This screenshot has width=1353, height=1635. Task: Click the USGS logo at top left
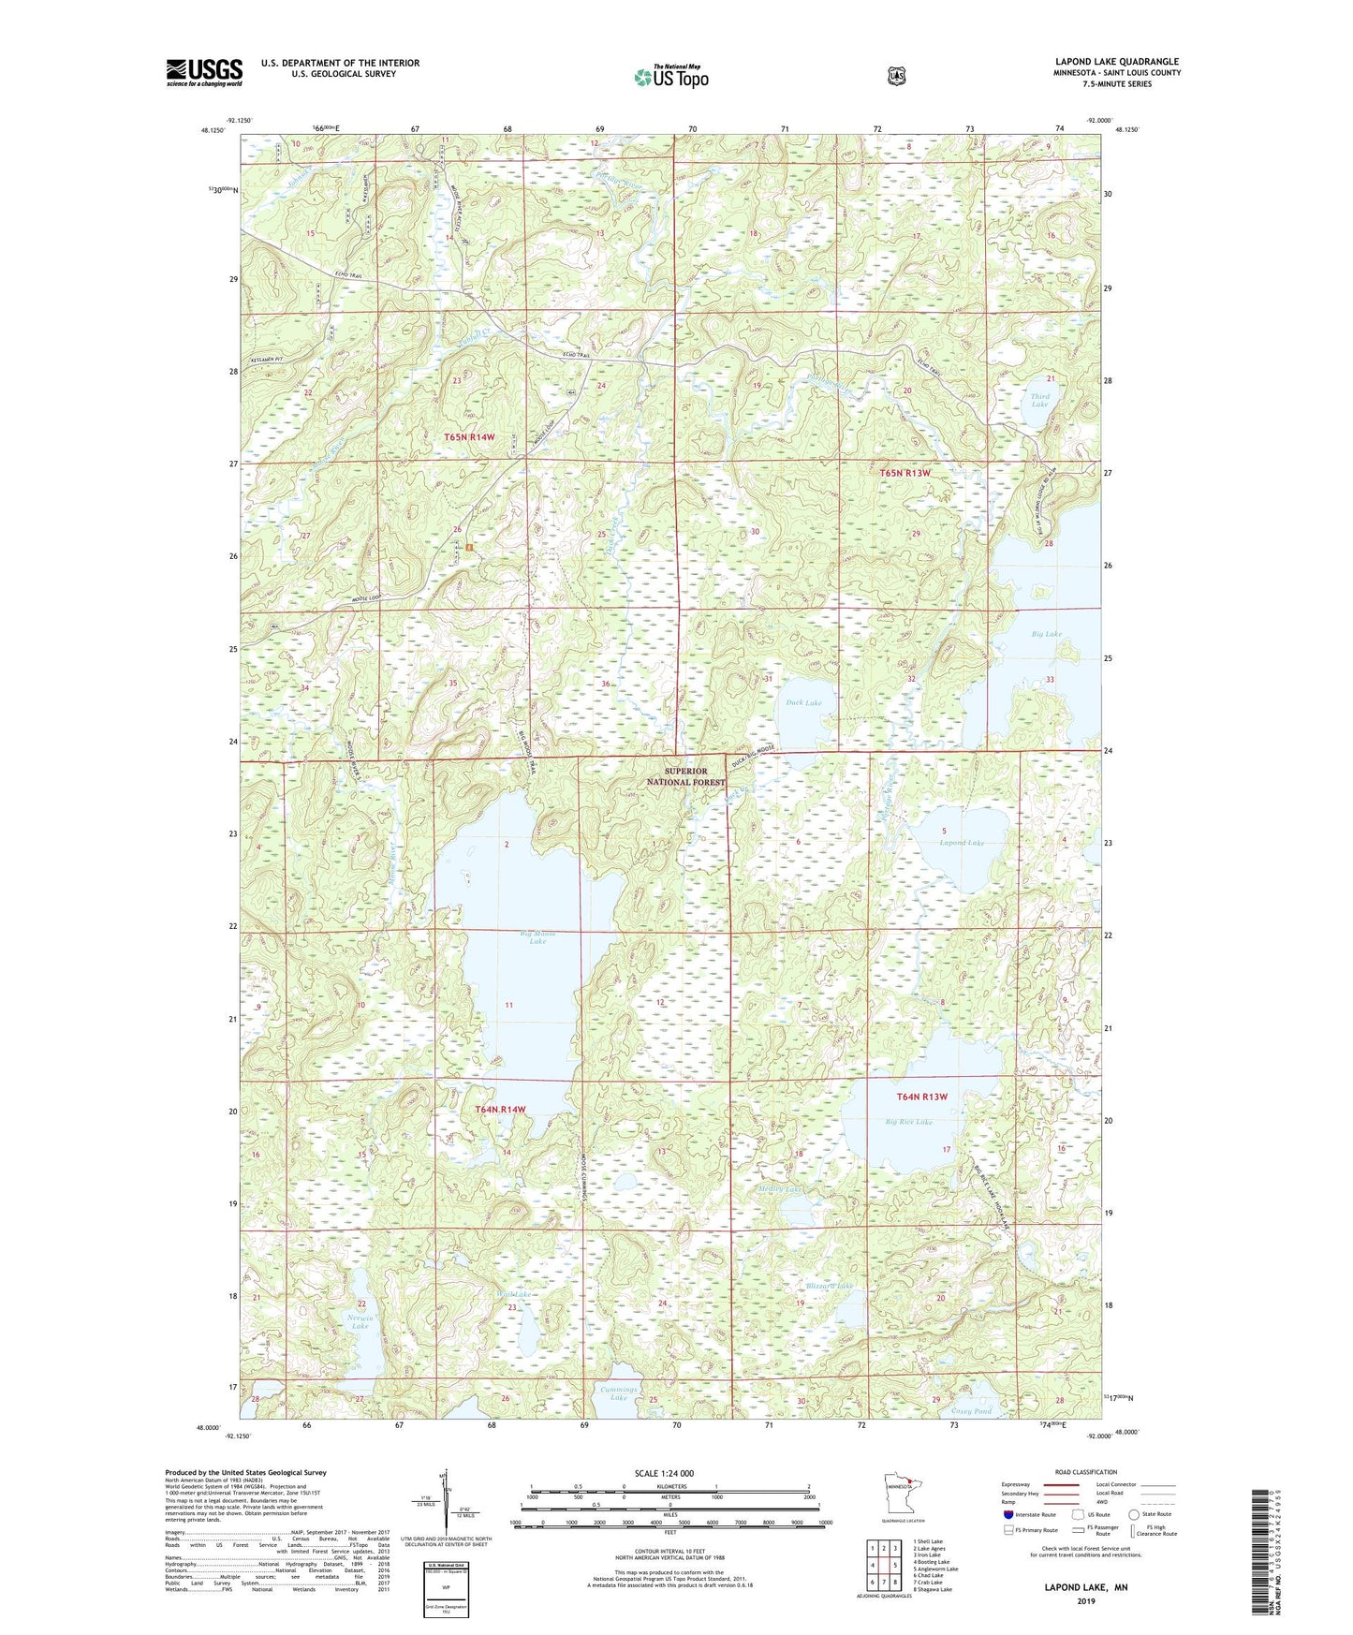pyautogui.click(x=204, y=72)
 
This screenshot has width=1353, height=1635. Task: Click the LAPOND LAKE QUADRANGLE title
pyautogui.click(x=1117, y=62)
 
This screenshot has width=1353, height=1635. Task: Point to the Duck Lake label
pyautogui.click(x=803, y=702)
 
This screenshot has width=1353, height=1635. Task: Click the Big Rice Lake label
pyautogui.click(x=909, y=1122)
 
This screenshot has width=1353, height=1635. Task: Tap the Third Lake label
pyautogui.click(x=1039, y=401)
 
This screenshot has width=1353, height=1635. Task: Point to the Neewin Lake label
pyautogui.click(x=360, y=1322)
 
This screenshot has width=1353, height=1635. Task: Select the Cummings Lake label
pyautogui.click(x=619, y=1393)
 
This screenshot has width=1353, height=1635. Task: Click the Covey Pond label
pyautogui.click(x=971, y=1411)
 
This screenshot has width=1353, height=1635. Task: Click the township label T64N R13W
pyautogui.click(x=922, y=1097)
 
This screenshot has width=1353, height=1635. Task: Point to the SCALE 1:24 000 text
pyautogui.click(x=664, y=1473)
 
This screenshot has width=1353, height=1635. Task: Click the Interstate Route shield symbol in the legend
pyautogui.click(x=1007, y=1514)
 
